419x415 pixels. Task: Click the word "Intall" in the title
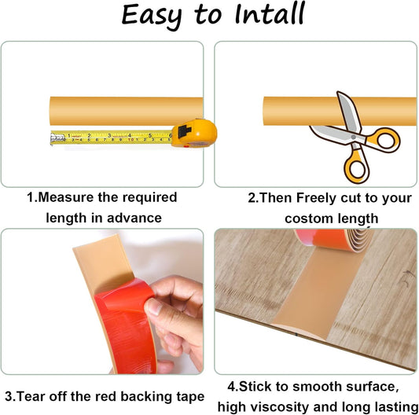270,14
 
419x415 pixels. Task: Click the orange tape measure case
194,134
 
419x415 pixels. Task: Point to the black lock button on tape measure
185,131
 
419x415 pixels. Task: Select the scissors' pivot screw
353,138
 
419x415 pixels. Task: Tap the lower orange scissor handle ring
357,168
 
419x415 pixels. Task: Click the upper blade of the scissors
348,112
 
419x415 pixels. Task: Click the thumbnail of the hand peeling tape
102,302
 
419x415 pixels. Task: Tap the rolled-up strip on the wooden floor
334,240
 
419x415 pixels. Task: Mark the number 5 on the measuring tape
150,135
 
